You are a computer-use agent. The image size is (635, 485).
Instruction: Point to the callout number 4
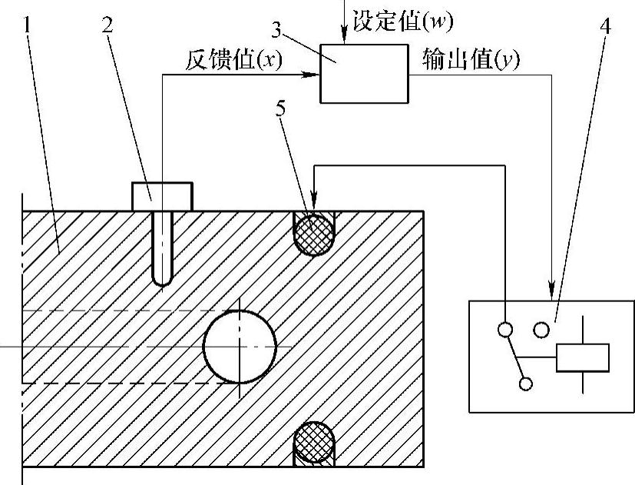point(606,25)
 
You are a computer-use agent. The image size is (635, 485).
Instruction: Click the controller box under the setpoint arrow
point(364,74)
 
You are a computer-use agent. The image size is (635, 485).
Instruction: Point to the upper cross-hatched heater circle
point(314,232)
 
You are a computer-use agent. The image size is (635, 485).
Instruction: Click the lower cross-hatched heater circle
point(314,441)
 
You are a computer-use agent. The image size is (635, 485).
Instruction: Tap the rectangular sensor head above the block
point(161,196)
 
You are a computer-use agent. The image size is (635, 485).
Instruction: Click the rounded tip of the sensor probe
point(161,278)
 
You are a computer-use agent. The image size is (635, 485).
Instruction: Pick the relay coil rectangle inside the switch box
point(583,358)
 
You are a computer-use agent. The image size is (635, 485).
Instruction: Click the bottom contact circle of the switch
point(526,383)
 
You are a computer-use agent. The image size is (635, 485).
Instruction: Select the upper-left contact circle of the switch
point(504,330)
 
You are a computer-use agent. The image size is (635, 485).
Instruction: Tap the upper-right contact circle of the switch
point(541,330)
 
